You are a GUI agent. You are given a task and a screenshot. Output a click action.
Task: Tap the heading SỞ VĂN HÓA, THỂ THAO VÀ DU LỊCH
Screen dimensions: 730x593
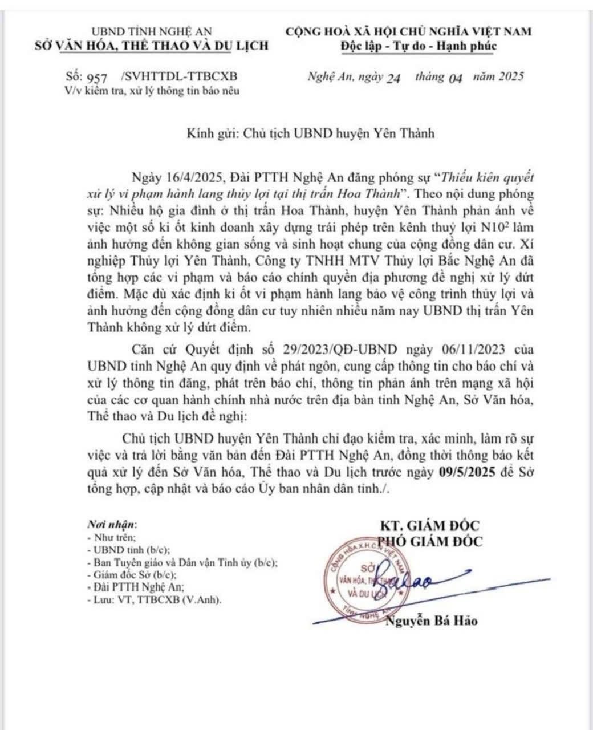point(151,46)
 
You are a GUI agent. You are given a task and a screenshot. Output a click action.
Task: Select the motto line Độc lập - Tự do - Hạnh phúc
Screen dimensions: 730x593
point(410,46)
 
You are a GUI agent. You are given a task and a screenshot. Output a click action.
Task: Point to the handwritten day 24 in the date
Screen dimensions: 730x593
point(393,78)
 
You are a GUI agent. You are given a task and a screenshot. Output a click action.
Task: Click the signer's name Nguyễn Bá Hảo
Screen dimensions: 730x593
point(432,620)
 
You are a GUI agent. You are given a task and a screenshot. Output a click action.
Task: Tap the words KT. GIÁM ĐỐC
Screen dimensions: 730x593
point(430,525)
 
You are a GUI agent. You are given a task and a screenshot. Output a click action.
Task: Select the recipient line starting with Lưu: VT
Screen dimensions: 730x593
point(154,600)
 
